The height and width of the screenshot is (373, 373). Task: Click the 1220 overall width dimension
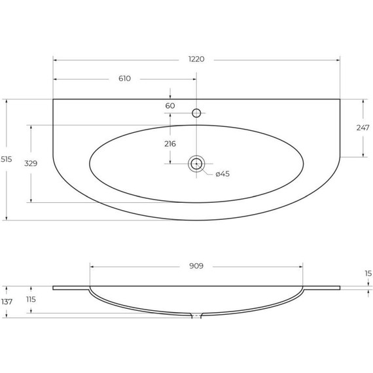196,59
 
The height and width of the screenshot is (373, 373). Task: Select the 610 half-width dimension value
124,79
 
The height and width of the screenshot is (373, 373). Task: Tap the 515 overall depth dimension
6,159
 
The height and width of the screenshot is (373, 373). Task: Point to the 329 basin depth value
31,164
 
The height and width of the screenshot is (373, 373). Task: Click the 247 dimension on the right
363,128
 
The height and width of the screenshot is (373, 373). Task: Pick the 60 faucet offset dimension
170,106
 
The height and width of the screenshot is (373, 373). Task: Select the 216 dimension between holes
170,144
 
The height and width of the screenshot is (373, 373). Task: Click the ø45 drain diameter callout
222,174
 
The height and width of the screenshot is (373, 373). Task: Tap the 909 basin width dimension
196,266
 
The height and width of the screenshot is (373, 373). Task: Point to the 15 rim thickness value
368,274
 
